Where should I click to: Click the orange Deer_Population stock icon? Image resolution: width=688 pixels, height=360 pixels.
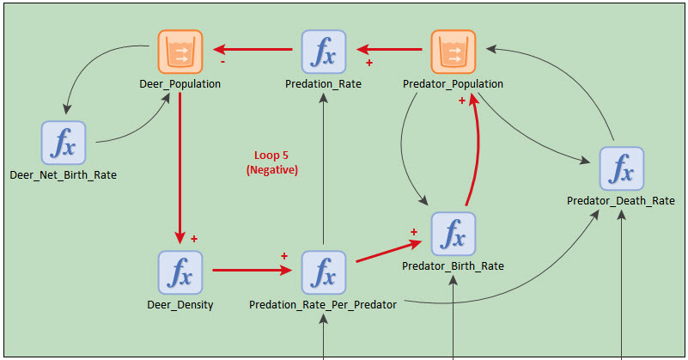180,52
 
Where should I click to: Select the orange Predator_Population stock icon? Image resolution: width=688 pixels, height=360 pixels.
453,52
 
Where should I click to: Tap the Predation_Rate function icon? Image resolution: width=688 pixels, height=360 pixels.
323,52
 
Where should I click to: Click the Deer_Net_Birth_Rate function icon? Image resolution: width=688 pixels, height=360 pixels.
64,143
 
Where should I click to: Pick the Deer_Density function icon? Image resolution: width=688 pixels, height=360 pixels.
180,272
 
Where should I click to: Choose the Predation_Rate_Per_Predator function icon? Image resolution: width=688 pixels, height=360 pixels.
323,272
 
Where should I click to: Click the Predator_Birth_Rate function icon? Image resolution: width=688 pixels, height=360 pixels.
453,233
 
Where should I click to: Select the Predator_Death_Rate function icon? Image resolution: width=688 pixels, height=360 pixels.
620,168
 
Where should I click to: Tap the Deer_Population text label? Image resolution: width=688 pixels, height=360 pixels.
180,84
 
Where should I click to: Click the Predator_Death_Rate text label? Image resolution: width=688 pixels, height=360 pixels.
620,201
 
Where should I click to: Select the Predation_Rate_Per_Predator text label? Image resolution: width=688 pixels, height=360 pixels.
323,305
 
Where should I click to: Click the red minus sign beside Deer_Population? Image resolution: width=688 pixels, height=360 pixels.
223,62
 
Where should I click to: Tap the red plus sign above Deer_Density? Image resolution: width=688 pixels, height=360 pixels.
194,238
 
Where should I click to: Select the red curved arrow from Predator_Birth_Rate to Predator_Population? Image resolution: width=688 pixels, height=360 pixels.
473,155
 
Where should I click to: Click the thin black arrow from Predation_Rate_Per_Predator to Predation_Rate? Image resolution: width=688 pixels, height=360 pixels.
323,172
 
